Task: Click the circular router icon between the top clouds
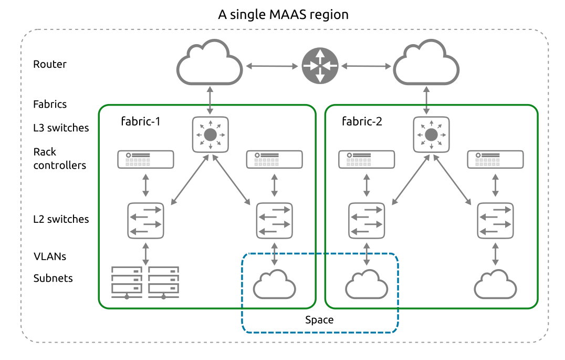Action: (320, 66)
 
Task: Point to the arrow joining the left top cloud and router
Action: (272, 66)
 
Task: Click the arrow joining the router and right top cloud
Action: (366, 66)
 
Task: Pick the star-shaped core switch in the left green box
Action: (210, 135)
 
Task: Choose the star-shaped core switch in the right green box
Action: (431, 135)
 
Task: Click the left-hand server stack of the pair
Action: (127, 282)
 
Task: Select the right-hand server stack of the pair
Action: (163, 282)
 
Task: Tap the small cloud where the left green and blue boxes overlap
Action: (274, 285)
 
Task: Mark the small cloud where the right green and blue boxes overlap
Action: (367, 285)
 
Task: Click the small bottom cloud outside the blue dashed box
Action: (495, 285)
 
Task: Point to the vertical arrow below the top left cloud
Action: (210, 100)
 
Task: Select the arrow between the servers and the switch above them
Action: (145, 254)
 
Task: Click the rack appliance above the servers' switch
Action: (145, 159)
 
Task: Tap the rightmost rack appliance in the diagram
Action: (495, 159)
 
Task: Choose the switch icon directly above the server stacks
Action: (145, 221)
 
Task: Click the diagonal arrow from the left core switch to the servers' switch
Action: (189, 180)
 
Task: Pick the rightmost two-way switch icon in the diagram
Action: (495, 221)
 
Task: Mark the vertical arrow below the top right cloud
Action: (426, 100)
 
